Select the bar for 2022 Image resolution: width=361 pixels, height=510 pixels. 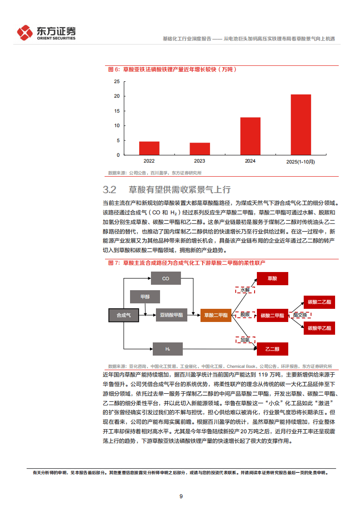coord(149,148)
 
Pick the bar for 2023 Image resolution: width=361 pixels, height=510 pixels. coord(200,149)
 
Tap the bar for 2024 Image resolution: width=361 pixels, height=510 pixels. coord(250,136)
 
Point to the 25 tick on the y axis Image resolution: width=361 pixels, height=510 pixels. coord(117,82)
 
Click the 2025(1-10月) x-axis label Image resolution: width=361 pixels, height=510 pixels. coord(301,161)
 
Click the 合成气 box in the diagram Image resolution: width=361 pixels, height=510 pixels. coord(123,314)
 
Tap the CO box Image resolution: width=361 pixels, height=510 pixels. coord(165,278)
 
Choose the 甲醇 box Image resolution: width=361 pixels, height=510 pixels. coord(145,297)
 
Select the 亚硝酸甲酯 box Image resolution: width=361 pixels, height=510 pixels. coord(171,314)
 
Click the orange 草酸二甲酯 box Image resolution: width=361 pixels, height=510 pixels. coord(215,314)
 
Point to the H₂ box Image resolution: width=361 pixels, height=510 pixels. coord(167,348)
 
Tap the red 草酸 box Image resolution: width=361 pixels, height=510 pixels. coord(272,278)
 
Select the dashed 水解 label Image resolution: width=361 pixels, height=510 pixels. coord(245,290)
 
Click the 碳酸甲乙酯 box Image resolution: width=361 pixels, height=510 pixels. coord(319,328)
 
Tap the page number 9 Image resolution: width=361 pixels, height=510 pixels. coord(181,496)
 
